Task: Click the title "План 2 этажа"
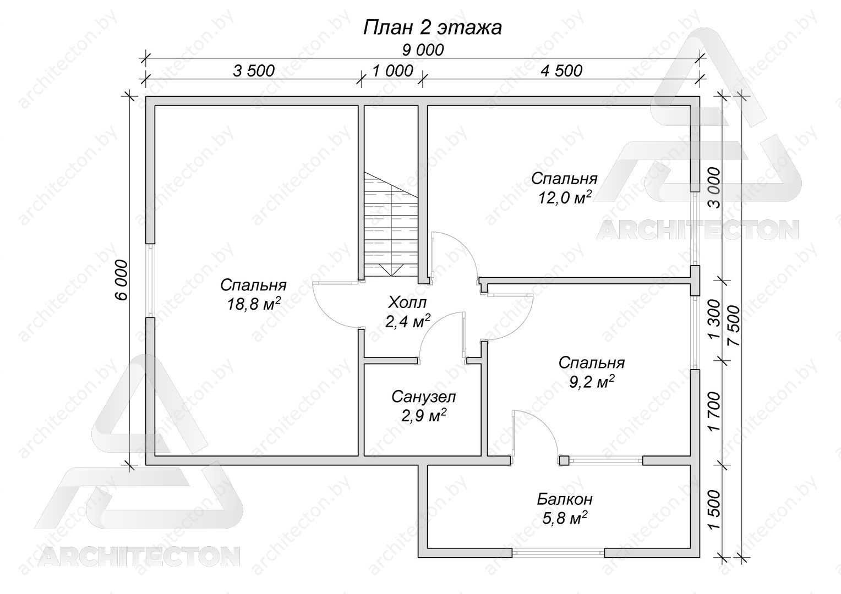pyautogui.click(x=432, y=28)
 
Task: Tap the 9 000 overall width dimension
pyautogui.click(x=423, y=50)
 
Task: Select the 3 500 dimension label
pyautogui.click(x=254, y=70)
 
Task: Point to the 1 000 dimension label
pyautogui.click(x=392, y=70)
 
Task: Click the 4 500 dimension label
pyautogui.click(x=561, y=70)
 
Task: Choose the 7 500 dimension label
pyautogui.click(x=733, y=326)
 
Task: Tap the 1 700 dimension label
pyautogui.click(x=714, y=412)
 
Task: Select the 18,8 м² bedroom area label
pyautogui.click(x=253, y=304)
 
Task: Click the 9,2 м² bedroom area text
pyautogui.click(x=592, y=382)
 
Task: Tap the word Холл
pyautogui.click(x=407, y=302)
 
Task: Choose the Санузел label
pyautogui.click(x=423, y=397)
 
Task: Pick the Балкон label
pyautogui.click(x=565, y=499)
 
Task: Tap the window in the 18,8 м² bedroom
pyautogui.click(x=150, y=280)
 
